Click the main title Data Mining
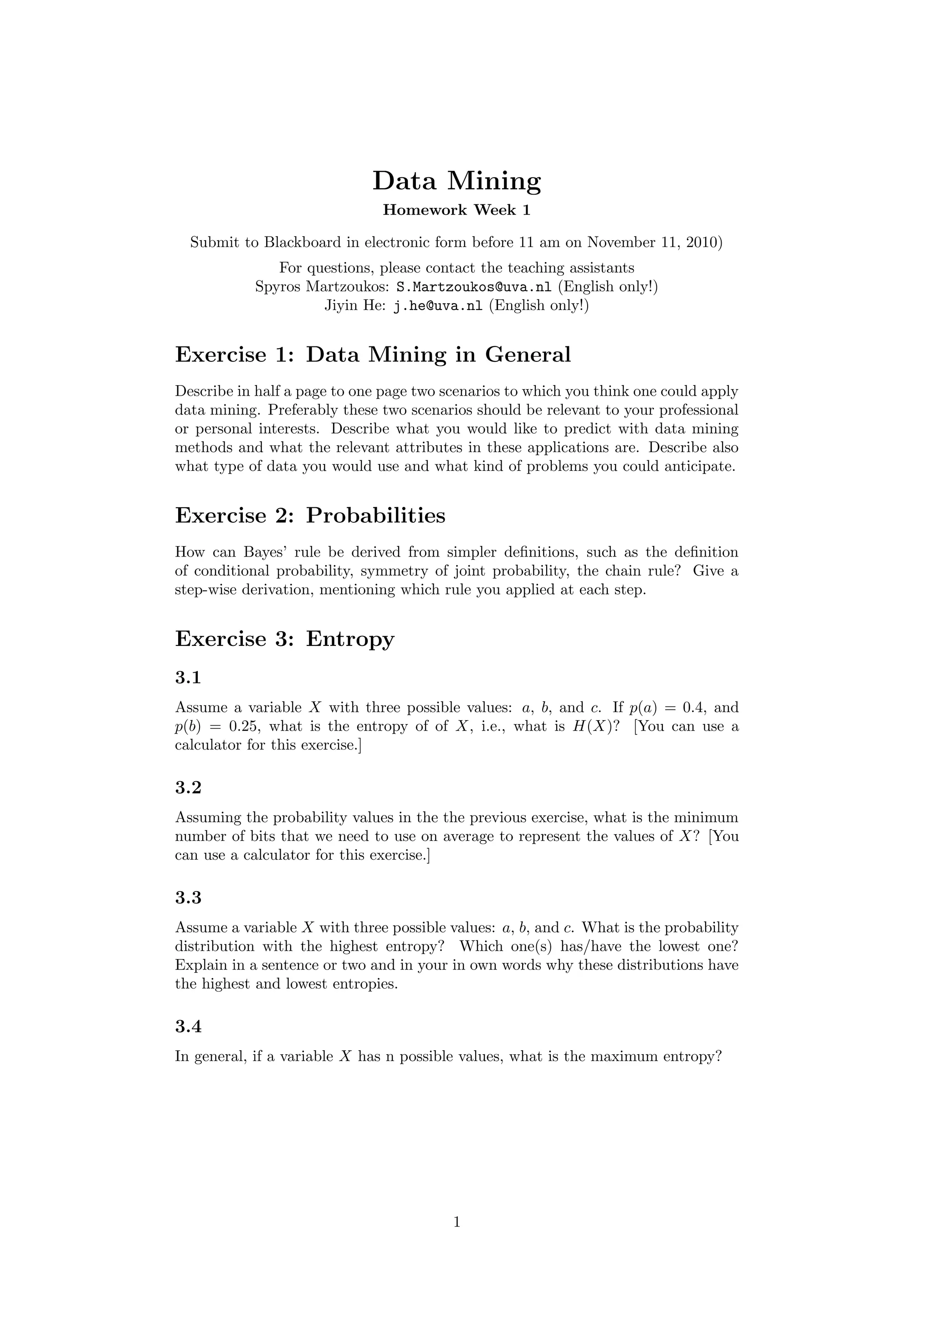(457, 180)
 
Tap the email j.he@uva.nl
(438, 306)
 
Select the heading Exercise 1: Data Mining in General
(373, 355)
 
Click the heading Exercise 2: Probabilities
(310, 515)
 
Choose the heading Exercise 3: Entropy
(284, 639)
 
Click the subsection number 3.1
(188, 678)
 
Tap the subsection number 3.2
(188, 788)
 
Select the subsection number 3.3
(188, 897)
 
